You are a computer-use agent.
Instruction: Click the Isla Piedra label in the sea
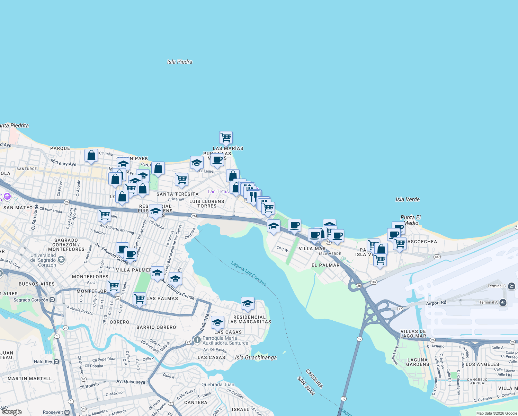tap(179, 62)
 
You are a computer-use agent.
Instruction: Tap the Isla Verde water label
tap(408, 199)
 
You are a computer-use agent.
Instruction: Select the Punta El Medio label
tap(411, 220)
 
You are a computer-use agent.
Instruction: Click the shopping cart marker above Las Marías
tap(226, 137)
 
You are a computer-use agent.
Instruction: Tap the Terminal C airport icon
tap(511, 286)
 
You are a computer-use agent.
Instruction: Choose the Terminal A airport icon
tap(503, 302)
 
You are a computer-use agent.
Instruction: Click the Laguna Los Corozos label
tap(249, 274)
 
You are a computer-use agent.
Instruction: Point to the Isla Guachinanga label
tap(256, 357)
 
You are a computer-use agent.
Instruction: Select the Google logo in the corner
tap(12, 412)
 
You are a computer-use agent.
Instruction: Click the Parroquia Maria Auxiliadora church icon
tap(197, 340)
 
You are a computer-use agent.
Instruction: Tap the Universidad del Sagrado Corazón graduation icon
tap(61, 259)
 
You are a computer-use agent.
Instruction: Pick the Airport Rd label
tap(436, 303)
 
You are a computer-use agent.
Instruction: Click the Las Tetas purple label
tap(218, 191)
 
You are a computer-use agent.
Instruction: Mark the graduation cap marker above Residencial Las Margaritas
tap(248, 303)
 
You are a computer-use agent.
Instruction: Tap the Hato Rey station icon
tap(56, 362)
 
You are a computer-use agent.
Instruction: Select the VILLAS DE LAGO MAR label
tap(413, 333)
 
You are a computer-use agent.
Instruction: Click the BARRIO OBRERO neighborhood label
tap(156, 327)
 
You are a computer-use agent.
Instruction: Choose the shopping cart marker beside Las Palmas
tap(139, 298)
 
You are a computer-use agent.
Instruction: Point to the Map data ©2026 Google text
tap(497, 413)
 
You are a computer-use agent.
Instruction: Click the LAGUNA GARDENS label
tap(418, 362)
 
